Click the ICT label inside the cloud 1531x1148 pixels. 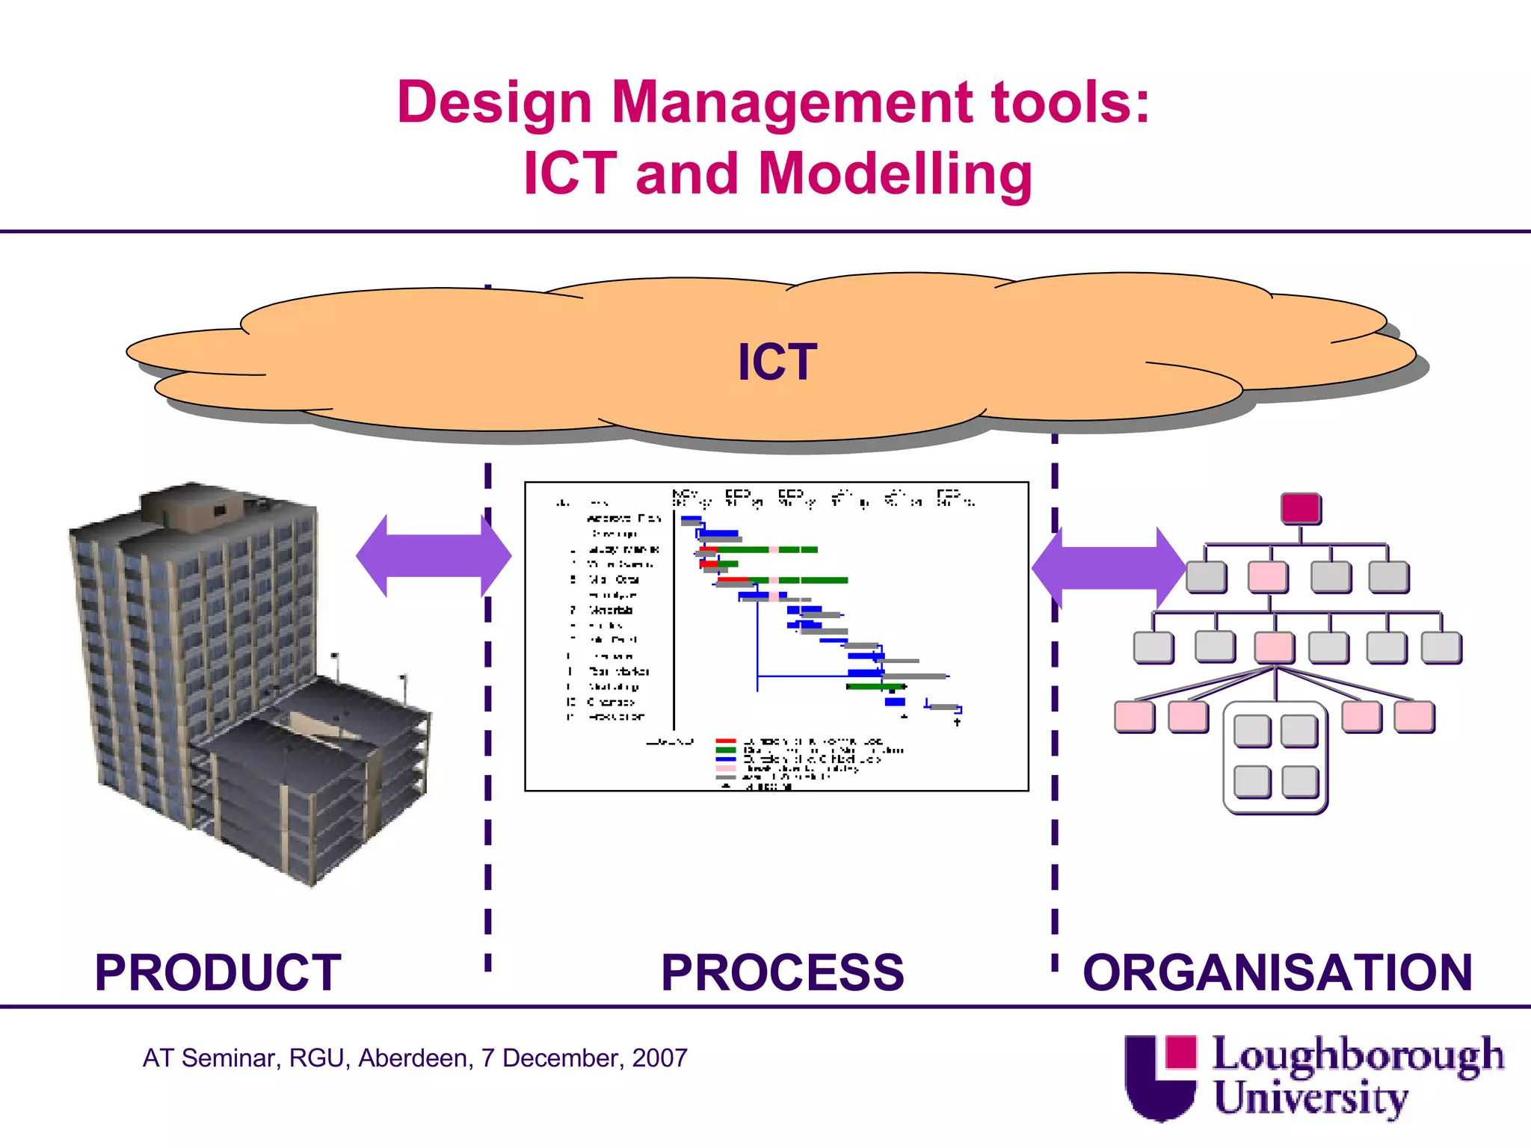(777, 362)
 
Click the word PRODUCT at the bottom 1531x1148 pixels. (218, 972)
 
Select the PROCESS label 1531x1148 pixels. (782, 972)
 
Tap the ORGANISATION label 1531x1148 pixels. (1277, 972)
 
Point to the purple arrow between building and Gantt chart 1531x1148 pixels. (434, 556)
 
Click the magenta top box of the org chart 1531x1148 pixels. (1300, 508)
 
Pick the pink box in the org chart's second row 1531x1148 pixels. (1268, 576)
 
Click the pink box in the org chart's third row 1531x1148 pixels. (1274, 647)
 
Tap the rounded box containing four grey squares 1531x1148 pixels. (1275, 756)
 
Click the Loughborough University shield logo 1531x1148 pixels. (1160, 1076)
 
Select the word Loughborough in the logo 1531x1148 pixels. (1357, 1055)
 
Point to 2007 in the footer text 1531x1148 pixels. (659, 1058)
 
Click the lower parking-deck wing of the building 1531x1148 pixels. (314, 777)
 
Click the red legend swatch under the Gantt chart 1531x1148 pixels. (726, 741)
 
